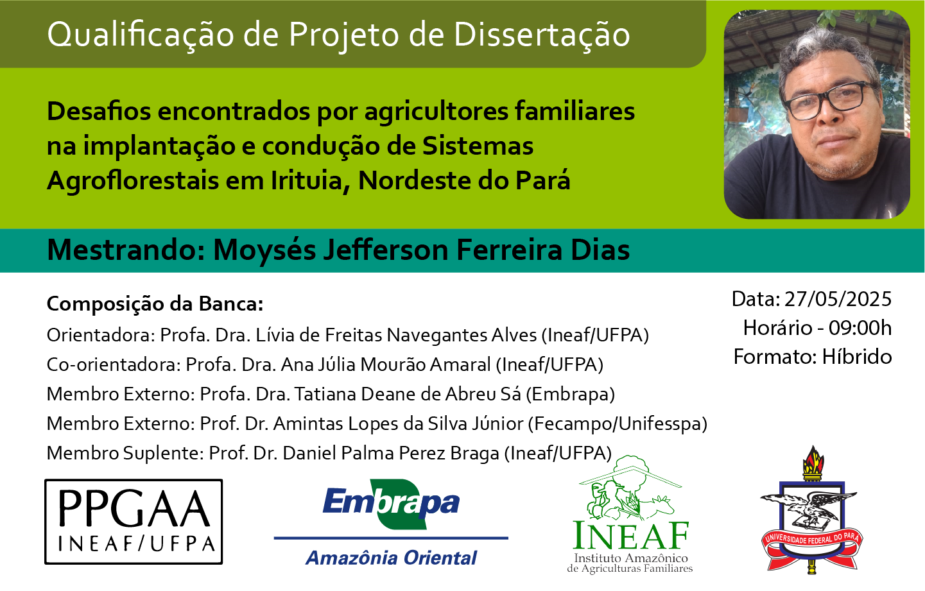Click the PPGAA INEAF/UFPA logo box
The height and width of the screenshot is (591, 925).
point(134,522)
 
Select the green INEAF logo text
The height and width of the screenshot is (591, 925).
point(630,535)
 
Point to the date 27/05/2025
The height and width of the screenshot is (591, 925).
point(838,299)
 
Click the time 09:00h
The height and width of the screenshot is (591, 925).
point(860,328)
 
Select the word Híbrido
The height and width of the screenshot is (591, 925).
point(857,357)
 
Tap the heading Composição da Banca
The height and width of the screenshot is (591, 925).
point(155,305)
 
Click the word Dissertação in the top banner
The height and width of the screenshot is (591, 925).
point(542,35)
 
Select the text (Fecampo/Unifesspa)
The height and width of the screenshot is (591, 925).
point(618,424)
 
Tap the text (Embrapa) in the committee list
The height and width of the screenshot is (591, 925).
point(570,394)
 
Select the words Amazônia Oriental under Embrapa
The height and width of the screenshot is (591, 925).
point(391,558)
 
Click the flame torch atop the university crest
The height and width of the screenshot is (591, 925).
point(813,461)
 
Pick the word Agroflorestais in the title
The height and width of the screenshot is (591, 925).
point(133,182)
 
